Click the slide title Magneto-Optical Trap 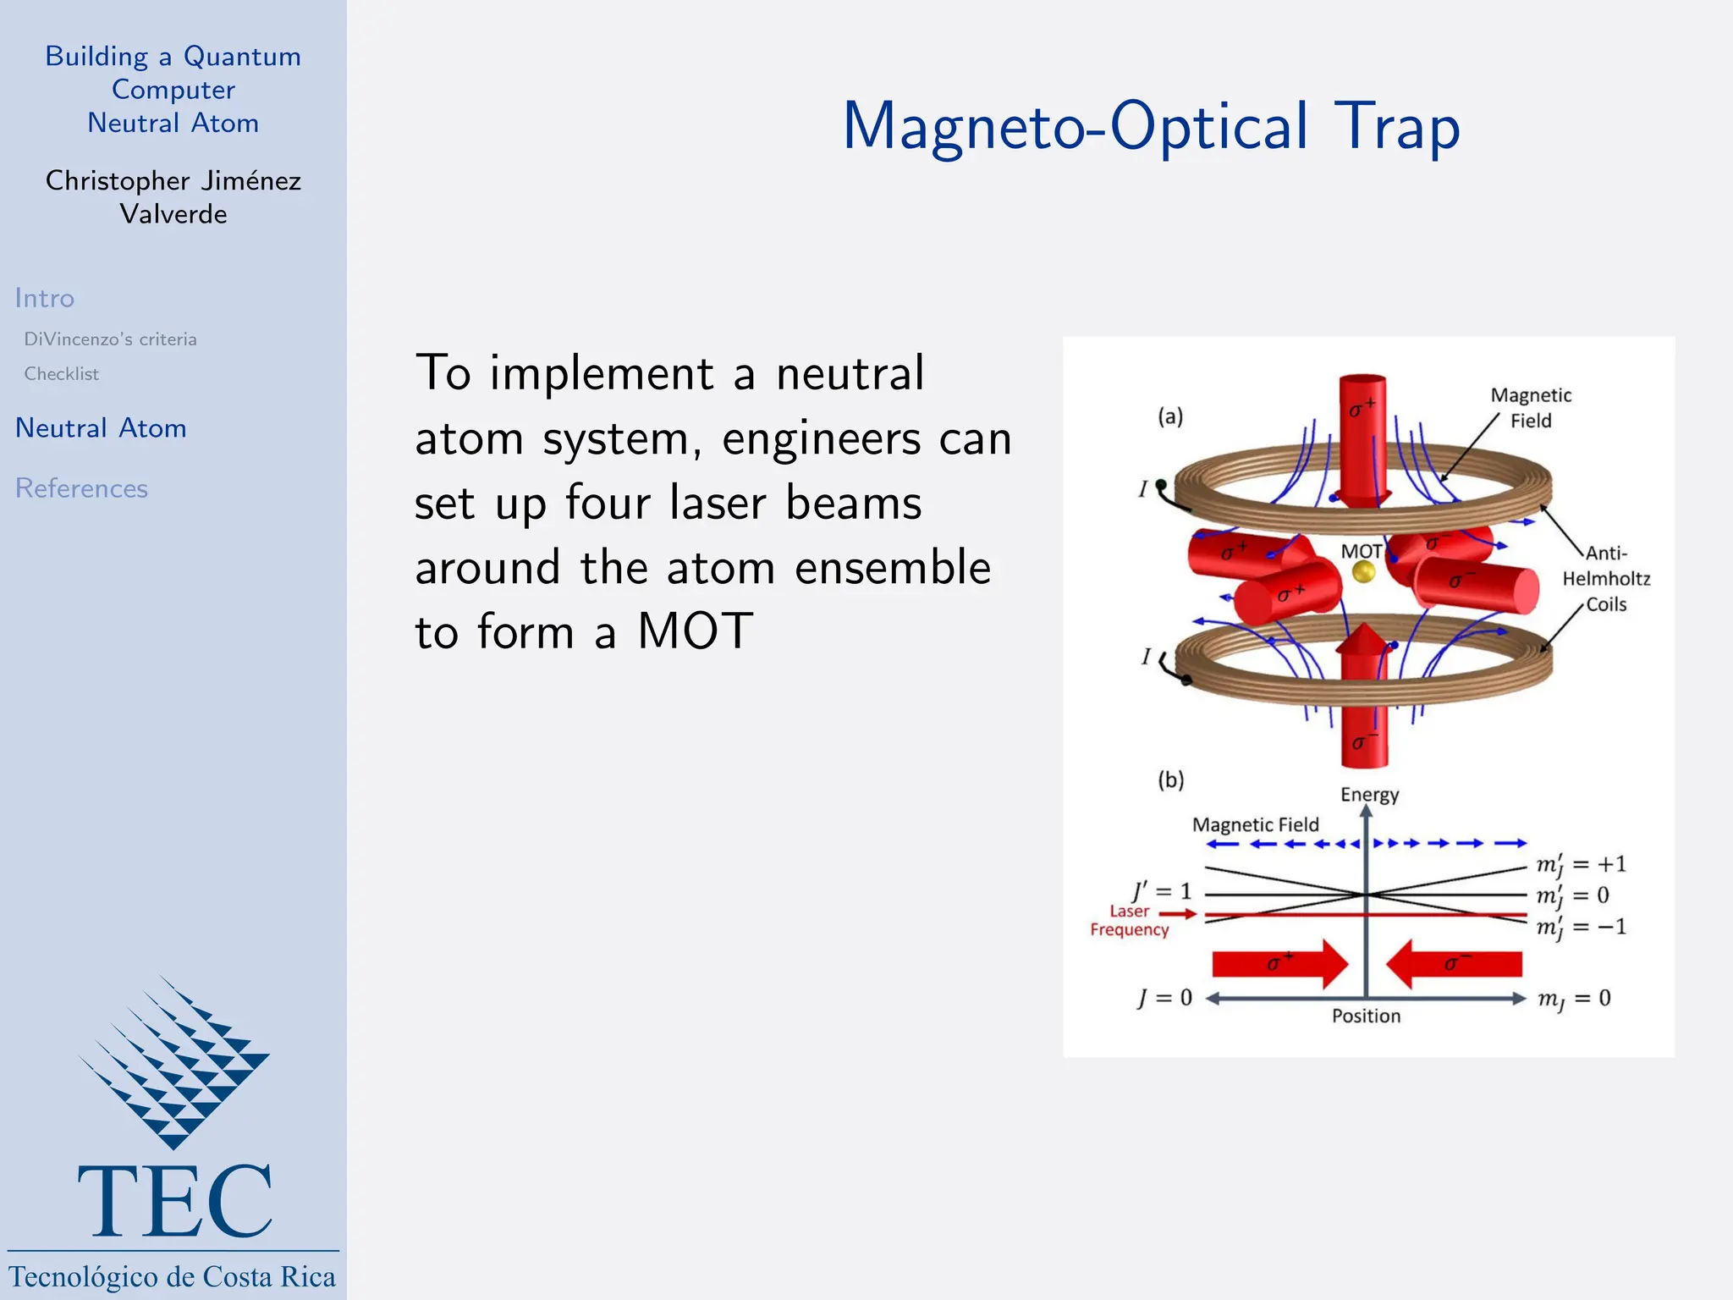pyautogui.click(x=1151, y=127)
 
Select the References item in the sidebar pyautogui.click(x=81, y=488)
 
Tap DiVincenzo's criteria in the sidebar pyautogui.click(x=110, y=339)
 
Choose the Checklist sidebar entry pyautogui.click(x=61, y=374)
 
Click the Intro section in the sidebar pyautogui.click(x=44, y=299)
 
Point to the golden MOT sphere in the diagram pyautogui.click(x=1363, y=573)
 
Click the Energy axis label pyautogui.click(x=1369, y=795)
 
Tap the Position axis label pyautogui.click(x=1366, y=1016)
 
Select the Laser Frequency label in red pyautogui.click(x=1130, y=921)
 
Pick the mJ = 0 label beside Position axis pyautogui.click(x=1574, y=1000)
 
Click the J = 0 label pyautogui.click(x=1164, y=999)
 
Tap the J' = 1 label pyautogui.click(x=1162, y=891)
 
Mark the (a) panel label pyautogui.click(x=1170, y=416)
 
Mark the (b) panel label pyautogui.click(x=1170, y=779)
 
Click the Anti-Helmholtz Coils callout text pyautogui.click(x=1605, y=579)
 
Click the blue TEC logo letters pyautogui.click(x=174, y=1201)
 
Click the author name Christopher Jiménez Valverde pyautogui.click(x=173, y=197)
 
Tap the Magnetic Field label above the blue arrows pyautogui.click(x=1255, y=824)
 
